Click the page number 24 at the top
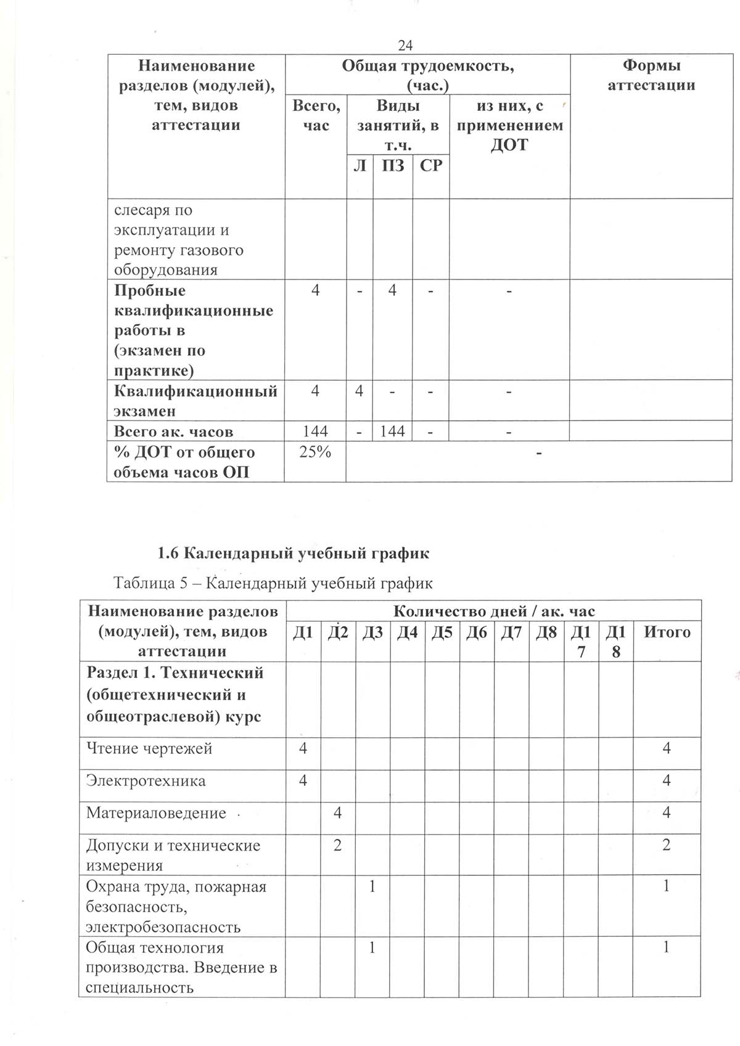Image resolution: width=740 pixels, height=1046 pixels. (405, 45)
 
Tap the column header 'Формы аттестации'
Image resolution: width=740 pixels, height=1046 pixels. (651, 75)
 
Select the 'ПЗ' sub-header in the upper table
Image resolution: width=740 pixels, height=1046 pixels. (393, 165)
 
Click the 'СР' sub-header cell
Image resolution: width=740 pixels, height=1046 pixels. (431, 165)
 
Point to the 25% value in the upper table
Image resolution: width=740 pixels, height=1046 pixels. (315, 452)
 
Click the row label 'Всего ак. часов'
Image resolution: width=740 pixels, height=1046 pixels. (173, 431)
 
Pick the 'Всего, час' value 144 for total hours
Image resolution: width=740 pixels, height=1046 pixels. (315, 431)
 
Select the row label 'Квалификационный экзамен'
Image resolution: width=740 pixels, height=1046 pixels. (195, 401)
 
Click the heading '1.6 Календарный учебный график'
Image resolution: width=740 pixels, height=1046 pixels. (294, 553)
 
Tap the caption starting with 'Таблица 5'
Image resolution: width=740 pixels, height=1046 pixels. (273, 582)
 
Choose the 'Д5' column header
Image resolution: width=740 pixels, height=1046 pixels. (442, 632)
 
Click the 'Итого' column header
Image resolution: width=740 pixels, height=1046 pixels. (667, 632)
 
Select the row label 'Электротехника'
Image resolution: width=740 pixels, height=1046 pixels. (146, 781)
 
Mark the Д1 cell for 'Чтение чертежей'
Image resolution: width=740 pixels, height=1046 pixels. (303, 748)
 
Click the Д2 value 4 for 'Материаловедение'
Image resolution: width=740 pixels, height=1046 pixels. (337, 813)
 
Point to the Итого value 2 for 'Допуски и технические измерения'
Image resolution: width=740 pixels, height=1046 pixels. (666, 845)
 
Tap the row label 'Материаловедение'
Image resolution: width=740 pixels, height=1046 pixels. (156, 813)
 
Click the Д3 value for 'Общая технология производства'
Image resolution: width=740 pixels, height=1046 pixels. (372, 947)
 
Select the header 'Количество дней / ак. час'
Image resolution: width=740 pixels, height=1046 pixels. (494, 611)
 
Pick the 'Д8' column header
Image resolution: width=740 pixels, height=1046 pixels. (546, 632)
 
